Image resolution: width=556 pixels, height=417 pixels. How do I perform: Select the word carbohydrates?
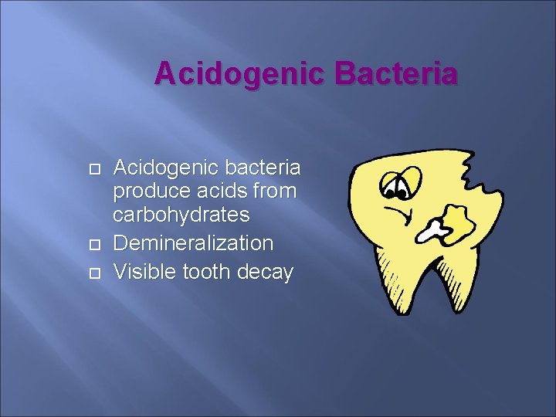[x=181, y=214]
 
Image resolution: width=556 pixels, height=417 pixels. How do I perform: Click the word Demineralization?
[x=193, y=243]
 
